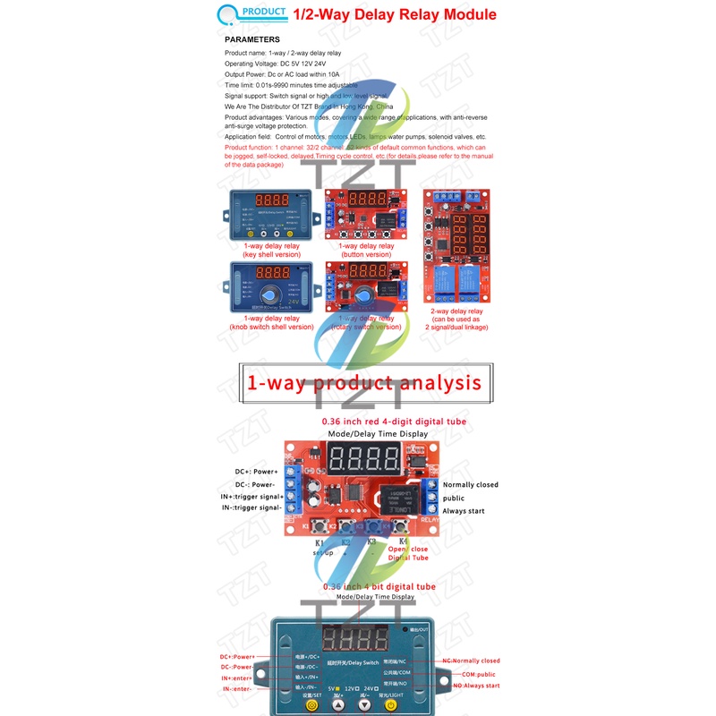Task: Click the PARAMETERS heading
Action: point(251,39)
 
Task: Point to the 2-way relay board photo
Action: point(456,246)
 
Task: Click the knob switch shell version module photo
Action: point(269,288)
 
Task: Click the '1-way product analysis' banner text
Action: point(363,383)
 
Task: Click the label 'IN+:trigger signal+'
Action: point(252,496)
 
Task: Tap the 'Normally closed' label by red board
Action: point(470,485)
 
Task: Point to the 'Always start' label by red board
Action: point(465,510)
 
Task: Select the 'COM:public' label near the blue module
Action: point(474,674)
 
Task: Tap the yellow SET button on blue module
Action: point(311,705)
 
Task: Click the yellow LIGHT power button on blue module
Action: point(391,705)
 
